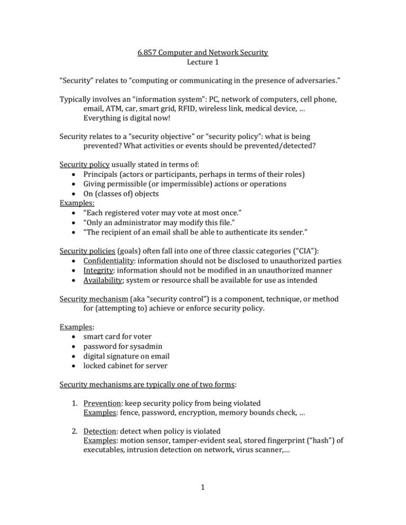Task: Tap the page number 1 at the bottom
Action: coord(203,499)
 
